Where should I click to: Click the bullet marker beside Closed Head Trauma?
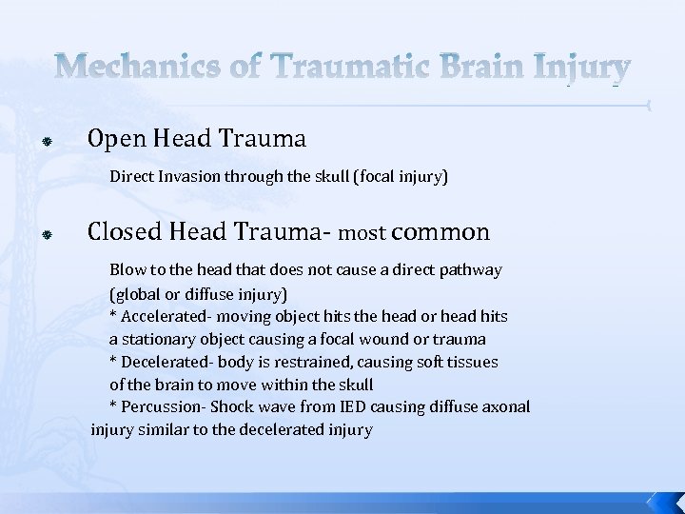[x=45, y=234]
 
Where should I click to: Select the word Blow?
[x=127, y=269]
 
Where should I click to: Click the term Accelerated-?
[x=163, y=316]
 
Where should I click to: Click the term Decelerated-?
[x=163, y=362]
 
